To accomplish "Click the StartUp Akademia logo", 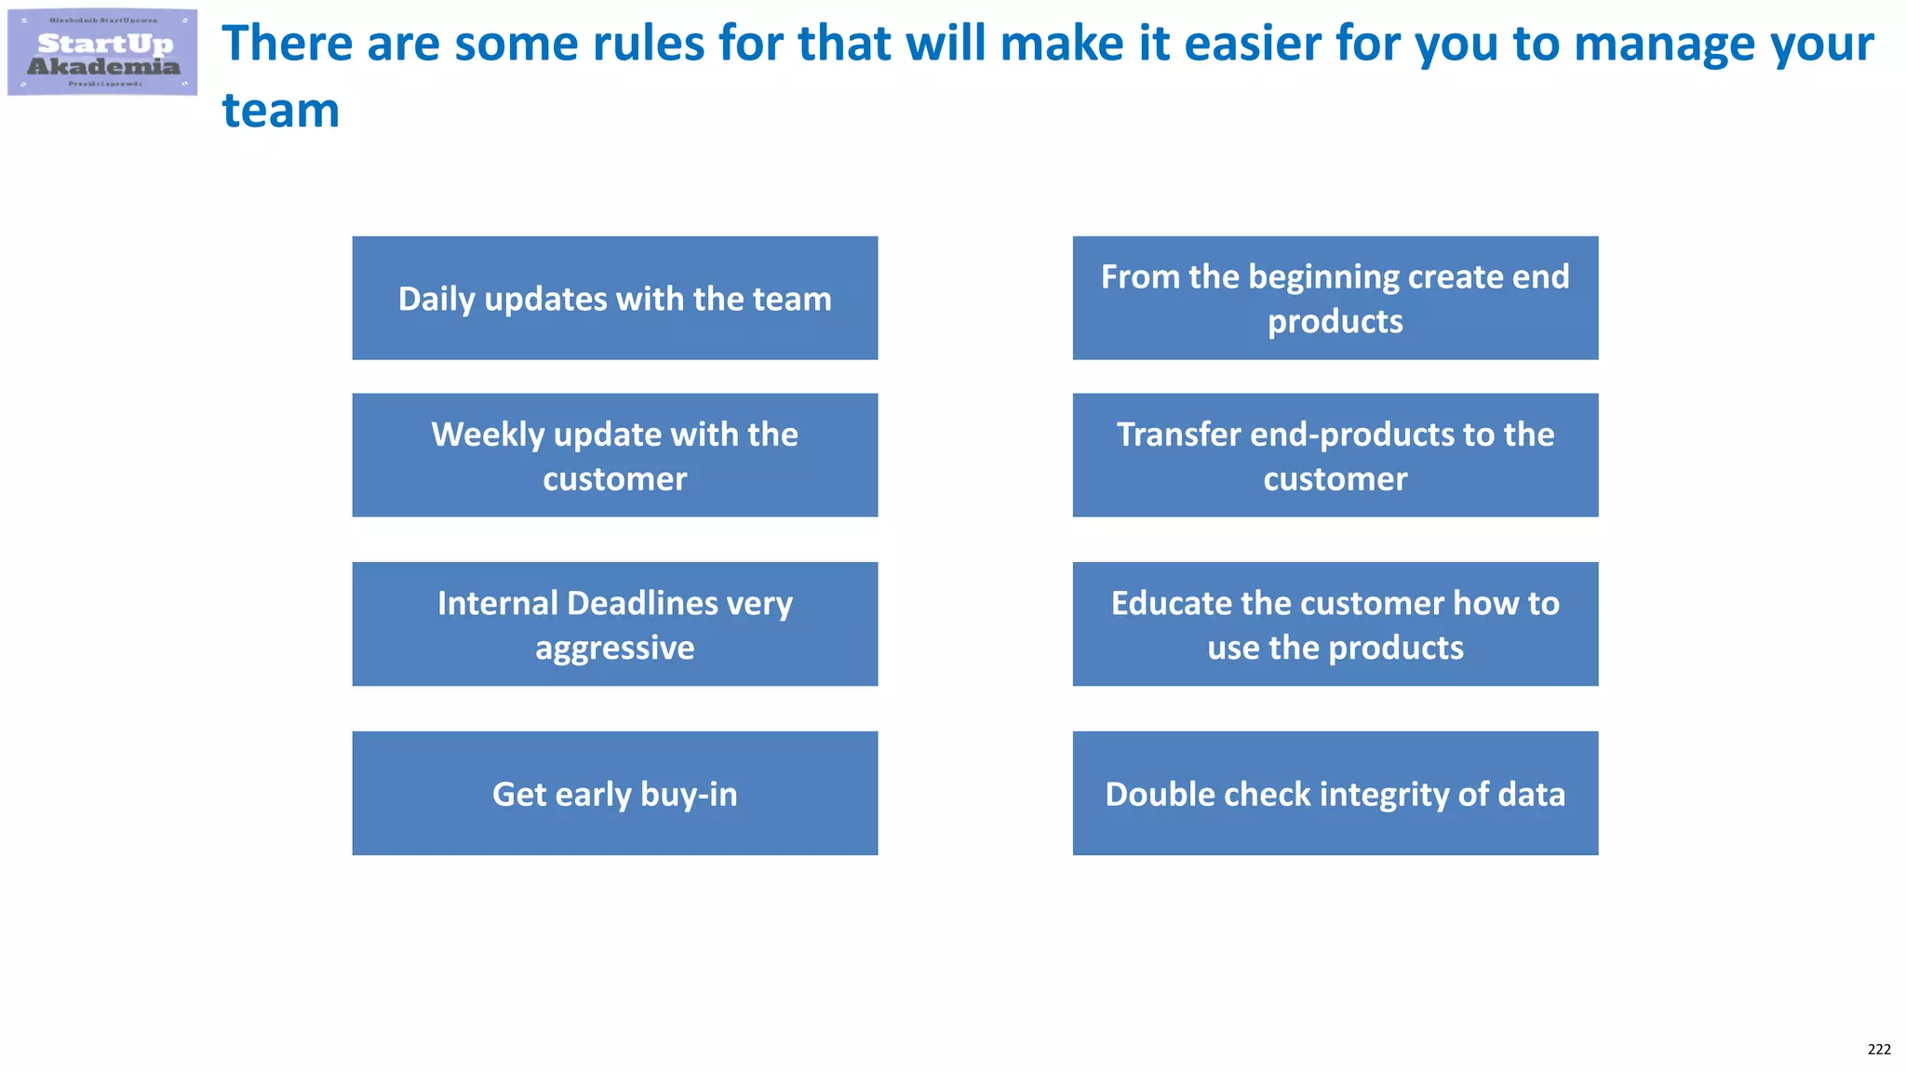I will click(x=102, y=52).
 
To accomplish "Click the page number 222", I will click(x=1878, y=1049).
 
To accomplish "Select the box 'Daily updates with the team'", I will click(x=614, y=298).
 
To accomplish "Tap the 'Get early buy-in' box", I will click(x=614, y=793).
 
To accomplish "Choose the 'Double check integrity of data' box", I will click(x=1335, y=793).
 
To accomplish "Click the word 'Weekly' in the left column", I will click(x=487, y=435).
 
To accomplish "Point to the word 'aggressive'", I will click(x=614, y=648).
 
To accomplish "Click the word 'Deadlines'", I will click(x=642, y=603).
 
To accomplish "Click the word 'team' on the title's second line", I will click(x=280, y=111).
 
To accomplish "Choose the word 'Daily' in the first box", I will click(x=436, y=300).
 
